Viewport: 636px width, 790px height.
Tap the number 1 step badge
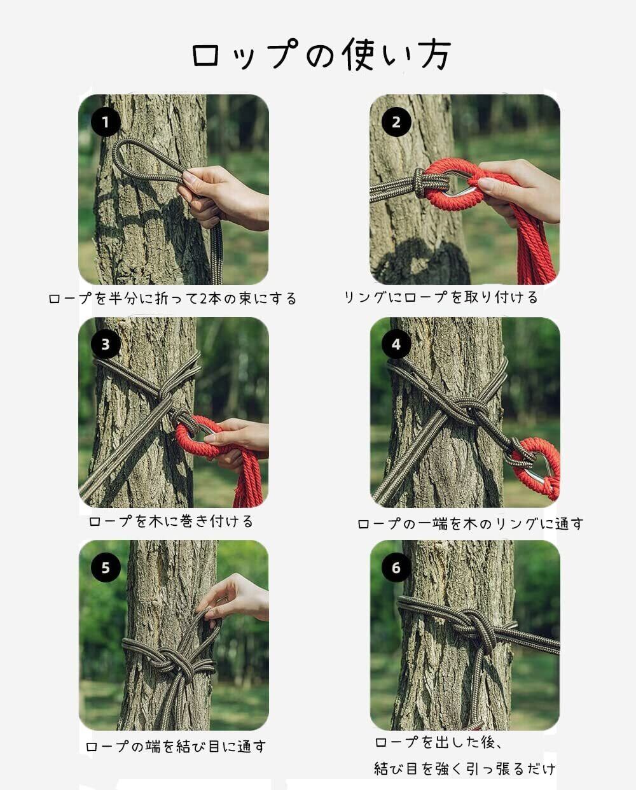106,122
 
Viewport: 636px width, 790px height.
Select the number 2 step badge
396,122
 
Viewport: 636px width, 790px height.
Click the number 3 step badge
106,344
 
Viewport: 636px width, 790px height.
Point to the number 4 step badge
396,344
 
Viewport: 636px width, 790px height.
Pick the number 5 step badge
106,567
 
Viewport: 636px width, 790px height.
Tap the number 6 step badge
396,567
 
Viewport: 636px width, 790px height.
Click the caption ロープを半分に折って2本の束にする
172,298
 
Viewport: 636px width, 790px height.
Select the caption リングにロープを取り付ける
441,297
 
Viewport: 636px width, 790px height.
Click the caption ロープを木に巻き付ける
170,521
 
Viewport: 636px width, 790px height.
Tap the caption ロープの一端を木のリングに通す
470,523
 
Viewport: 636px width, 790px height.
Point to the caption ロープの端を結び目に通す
176,746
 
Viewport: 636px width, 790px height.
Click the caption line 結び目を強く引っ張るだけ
464,768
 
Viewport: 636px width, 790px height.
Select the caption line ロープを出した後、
438,742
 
